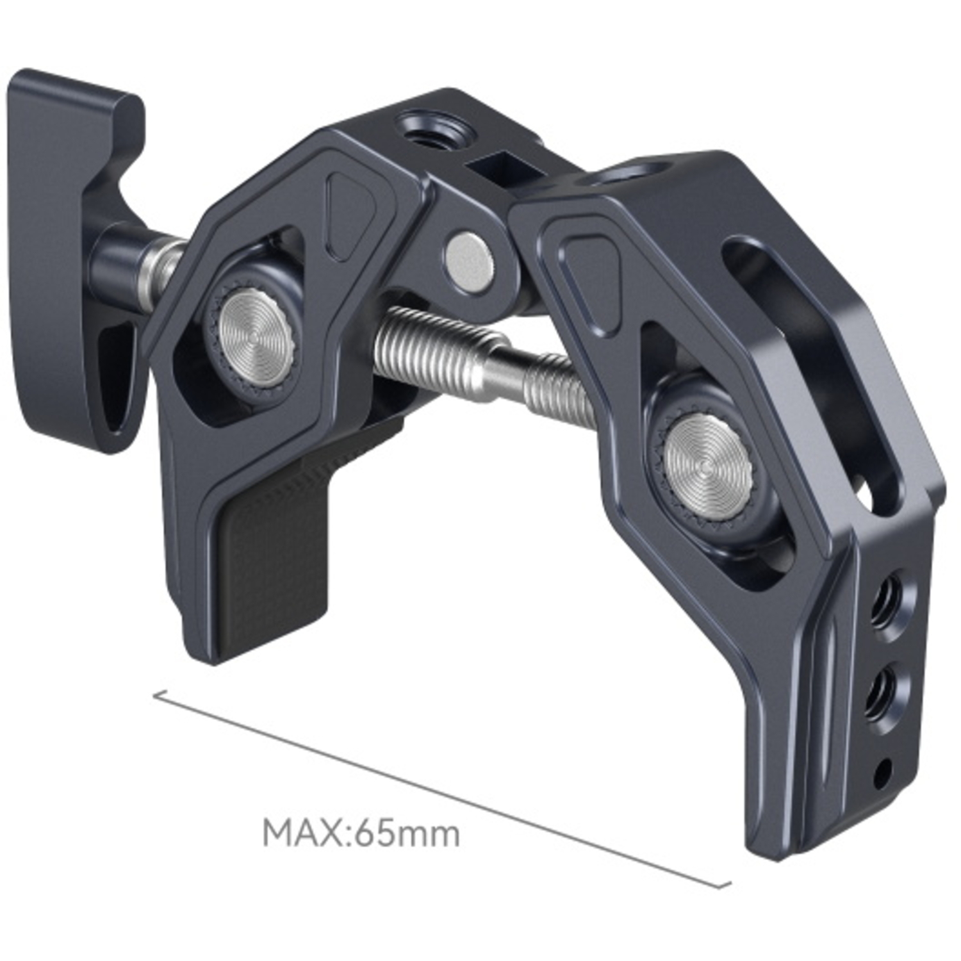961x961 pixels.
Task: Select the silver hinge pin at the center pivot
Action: click(470, 259)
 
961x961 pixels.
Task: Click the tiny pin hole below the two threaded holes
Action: click(883, 765)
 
